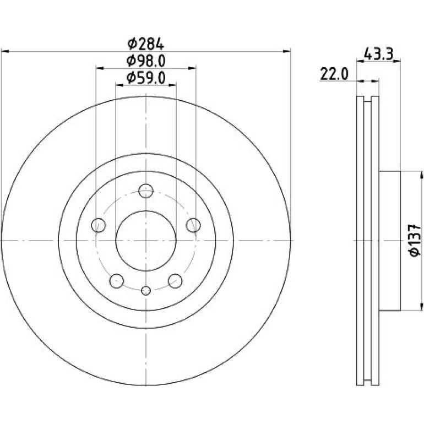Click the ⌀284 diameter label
click(145, 44)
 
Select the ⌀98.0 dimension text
click(146, 61)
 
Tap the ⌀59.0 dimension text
click(146, 78)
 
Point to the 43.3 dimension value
click(378, 54)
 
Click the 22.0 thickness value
click(334, 74)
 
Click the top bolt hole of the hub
click(146, 191)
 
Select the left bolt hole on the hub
click(99, 225)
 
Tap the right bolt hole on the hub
click(193, 225)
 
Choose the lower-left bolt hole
click(117, 281)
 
